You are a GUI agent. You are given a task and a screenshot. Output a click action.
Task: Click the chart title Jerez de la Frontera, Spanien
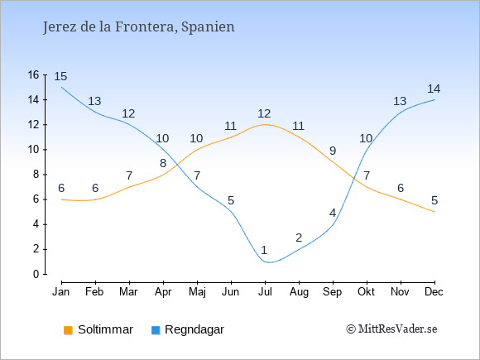139,27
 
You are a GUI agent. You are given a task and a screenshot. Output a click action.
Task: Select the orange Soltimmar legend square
68,330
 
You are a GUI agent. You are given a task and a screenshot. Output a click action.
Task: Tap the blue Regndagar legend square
156,330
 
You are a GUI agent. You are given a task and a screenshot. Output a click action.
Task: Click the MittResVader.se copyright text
391,329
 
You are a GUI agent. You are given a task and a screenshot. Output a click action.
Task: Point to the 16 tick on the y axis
33,74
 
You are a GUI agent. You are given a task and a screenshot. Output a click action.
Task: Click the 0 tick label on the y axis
36,274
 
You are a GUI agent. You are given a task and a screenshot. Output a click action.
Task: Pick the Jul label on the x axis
265,292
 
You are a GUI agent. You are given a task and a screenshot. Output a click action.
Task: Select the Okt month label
366,292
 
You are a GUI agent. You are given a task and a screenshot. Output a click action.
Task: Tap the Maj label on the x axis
197,292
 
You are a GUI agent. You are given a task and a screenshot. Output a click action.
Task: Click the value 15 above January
60,76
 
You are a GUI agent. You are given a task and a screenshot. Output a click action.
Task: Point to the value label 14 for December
434,89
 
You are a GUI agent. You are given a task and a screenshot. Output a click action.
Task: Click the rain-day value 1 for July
265,250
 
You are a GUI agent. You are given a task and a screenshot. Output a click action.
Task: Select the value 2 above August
299,238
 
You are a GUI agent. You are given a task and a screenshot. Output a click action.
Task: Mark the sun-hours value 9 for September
333,151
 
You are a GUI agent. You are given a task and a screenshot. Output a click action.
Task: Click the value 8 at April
163,163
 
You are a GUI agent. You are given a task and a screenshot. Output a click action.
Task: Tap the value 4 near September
333,213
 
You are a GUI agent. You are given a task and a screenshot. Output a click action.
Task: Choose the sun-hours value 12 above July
264,113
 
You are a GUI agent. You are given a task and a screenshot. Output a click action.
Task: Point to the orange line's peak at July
265,125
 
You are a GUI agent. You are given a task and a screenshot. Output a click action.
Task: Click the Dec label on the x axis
434,292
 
